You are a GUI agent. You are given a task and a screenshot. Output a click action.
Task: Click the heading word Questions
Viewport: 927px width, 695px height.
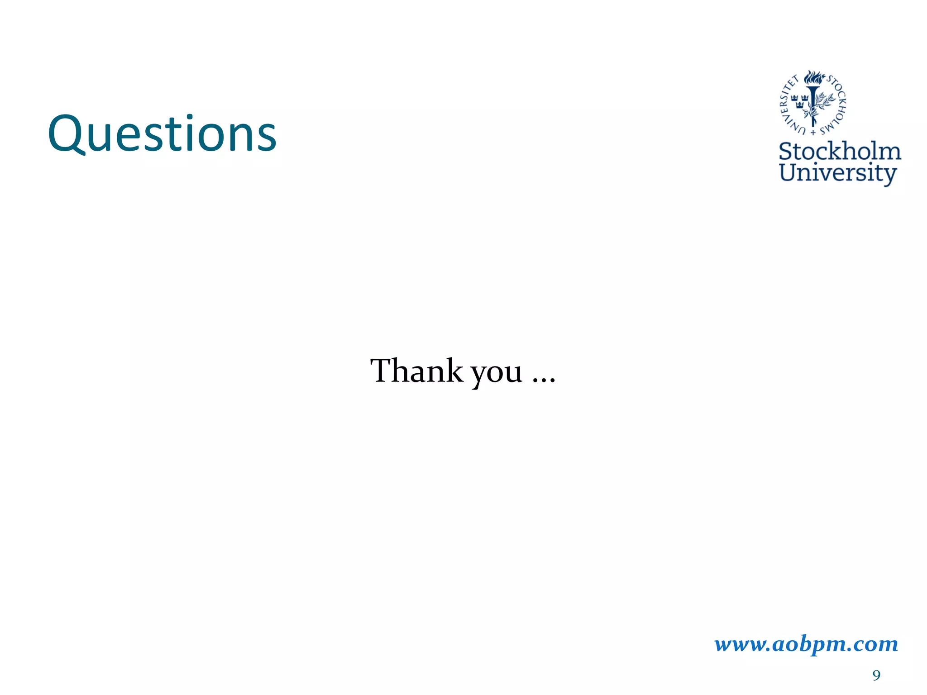point(162,134)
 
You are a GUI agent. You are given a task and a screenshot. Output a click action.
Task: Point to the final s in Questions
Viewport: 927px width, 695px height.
point(267,138)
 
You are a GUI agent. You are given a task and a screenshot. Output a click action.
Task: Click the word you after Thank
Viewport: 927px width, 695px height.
point(497,375)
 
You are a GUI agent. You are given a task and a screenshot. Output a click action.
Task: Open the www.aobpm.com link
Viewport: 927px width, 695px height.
point(806,644)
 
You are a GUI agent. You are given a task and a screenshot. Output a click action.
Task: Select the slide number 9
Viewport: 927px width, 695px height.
point(876,676)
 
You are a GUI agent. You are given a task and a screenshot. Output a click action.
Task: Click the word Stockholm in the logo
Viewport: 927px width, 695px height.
point(840,152)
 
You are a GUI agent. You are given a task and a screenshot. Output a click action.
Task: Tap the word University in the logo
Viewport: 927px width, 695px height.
point(837,173)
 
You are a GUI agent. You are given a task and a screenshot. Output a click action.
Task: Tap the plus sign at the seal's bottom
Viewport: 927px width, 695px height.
point(813,133)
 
